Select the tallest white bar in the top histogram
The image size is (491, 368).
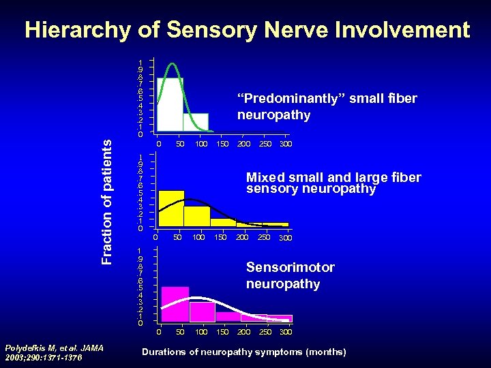coord(170,104)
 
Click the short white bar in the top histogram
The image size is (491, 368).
coord(196,121)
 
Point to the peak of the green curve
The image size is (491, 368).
coord(174,64)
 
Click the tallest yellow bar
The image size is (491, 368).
coord(170,208)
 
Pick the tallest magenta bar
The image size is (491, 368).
coord(175,304)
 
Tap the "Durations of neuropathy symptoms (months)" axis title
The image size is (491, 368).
coord(243,352)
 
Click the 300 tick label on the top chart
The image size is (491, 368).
coord(286,144)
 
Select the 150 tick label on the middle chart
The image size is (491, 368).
coord(220,237)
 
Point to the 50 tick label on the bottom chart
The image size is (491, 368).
coord(180,332)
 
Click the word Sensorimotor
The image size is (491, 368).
coord(290,268)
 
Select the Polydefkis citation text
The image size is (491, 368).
coord(53,352)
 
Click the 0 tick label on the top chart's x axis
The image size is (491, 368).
coord(158,144)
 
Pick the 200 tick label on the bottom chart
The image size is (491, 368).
coord(243,332)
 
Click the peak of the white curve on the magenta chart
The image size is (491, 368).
coord(196,298)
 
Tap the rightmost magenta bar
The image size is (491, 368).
coord(279,318)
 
